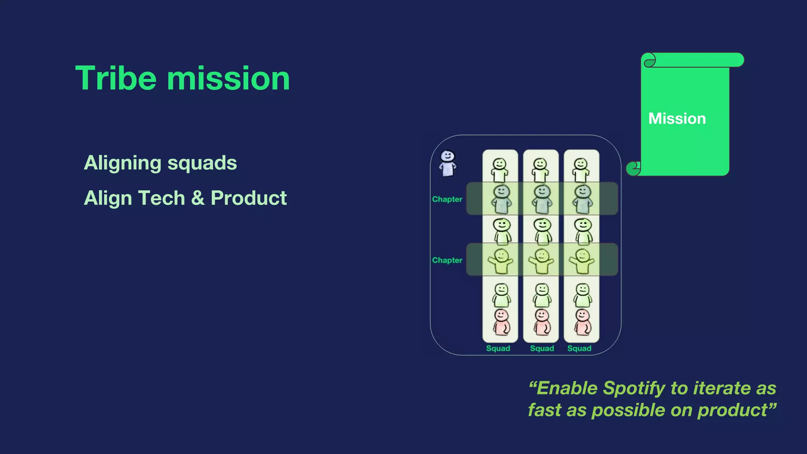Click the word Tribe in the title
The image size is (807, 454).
point(116,78)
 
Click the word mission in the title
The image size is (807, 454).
point(229,78)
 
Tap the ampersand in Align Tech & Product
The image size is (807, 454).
point(197,198)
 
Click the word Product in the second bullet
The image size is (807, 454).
point(248,198)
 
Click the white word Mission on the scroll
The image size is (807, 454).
point(677,119)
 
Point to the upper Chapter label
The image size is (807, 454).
point(447,199)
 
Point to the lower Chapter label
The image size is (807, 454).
point(447,260)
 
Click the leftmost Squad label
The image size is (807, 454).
point(498,348)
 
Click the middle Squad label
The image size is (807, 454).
point(542,348)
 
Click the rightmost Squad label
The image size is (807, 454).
point(579,348)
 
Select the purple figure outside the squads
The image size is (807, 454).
point(448,163)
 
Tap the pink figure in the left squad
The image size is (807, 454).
point(501,322)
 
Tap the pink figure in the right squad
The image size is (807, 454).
point(582,322)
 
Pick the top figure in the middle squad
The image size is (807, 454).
point(540,170)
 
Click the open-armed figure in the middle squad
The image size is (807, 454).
point(541,261)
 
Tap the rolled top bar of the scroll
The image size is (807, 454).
point(694,60)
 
